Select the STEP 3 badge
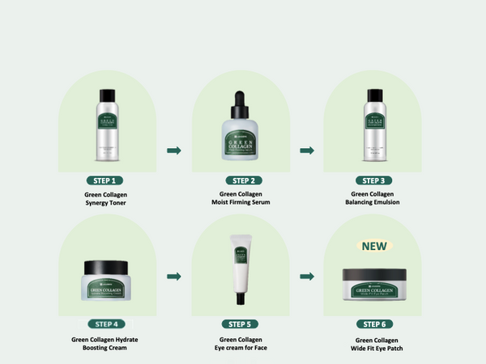pyautogui.click(x=373, y=180)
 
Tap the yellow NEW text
pyautogui.click(x=373, y=246)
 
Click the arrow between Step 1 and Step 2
pyautogui.click(x=173, y=150)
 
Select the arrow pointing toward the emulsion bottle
pyautogui.click(x=307, y=150)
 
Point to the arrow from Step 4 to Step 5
pyautogui.click(x=173, y=277)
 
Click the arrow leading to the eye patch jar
pyautogui.click(x=307, y=277)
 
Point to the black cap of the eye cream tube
pyautogui.click(x=240, y=296)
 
